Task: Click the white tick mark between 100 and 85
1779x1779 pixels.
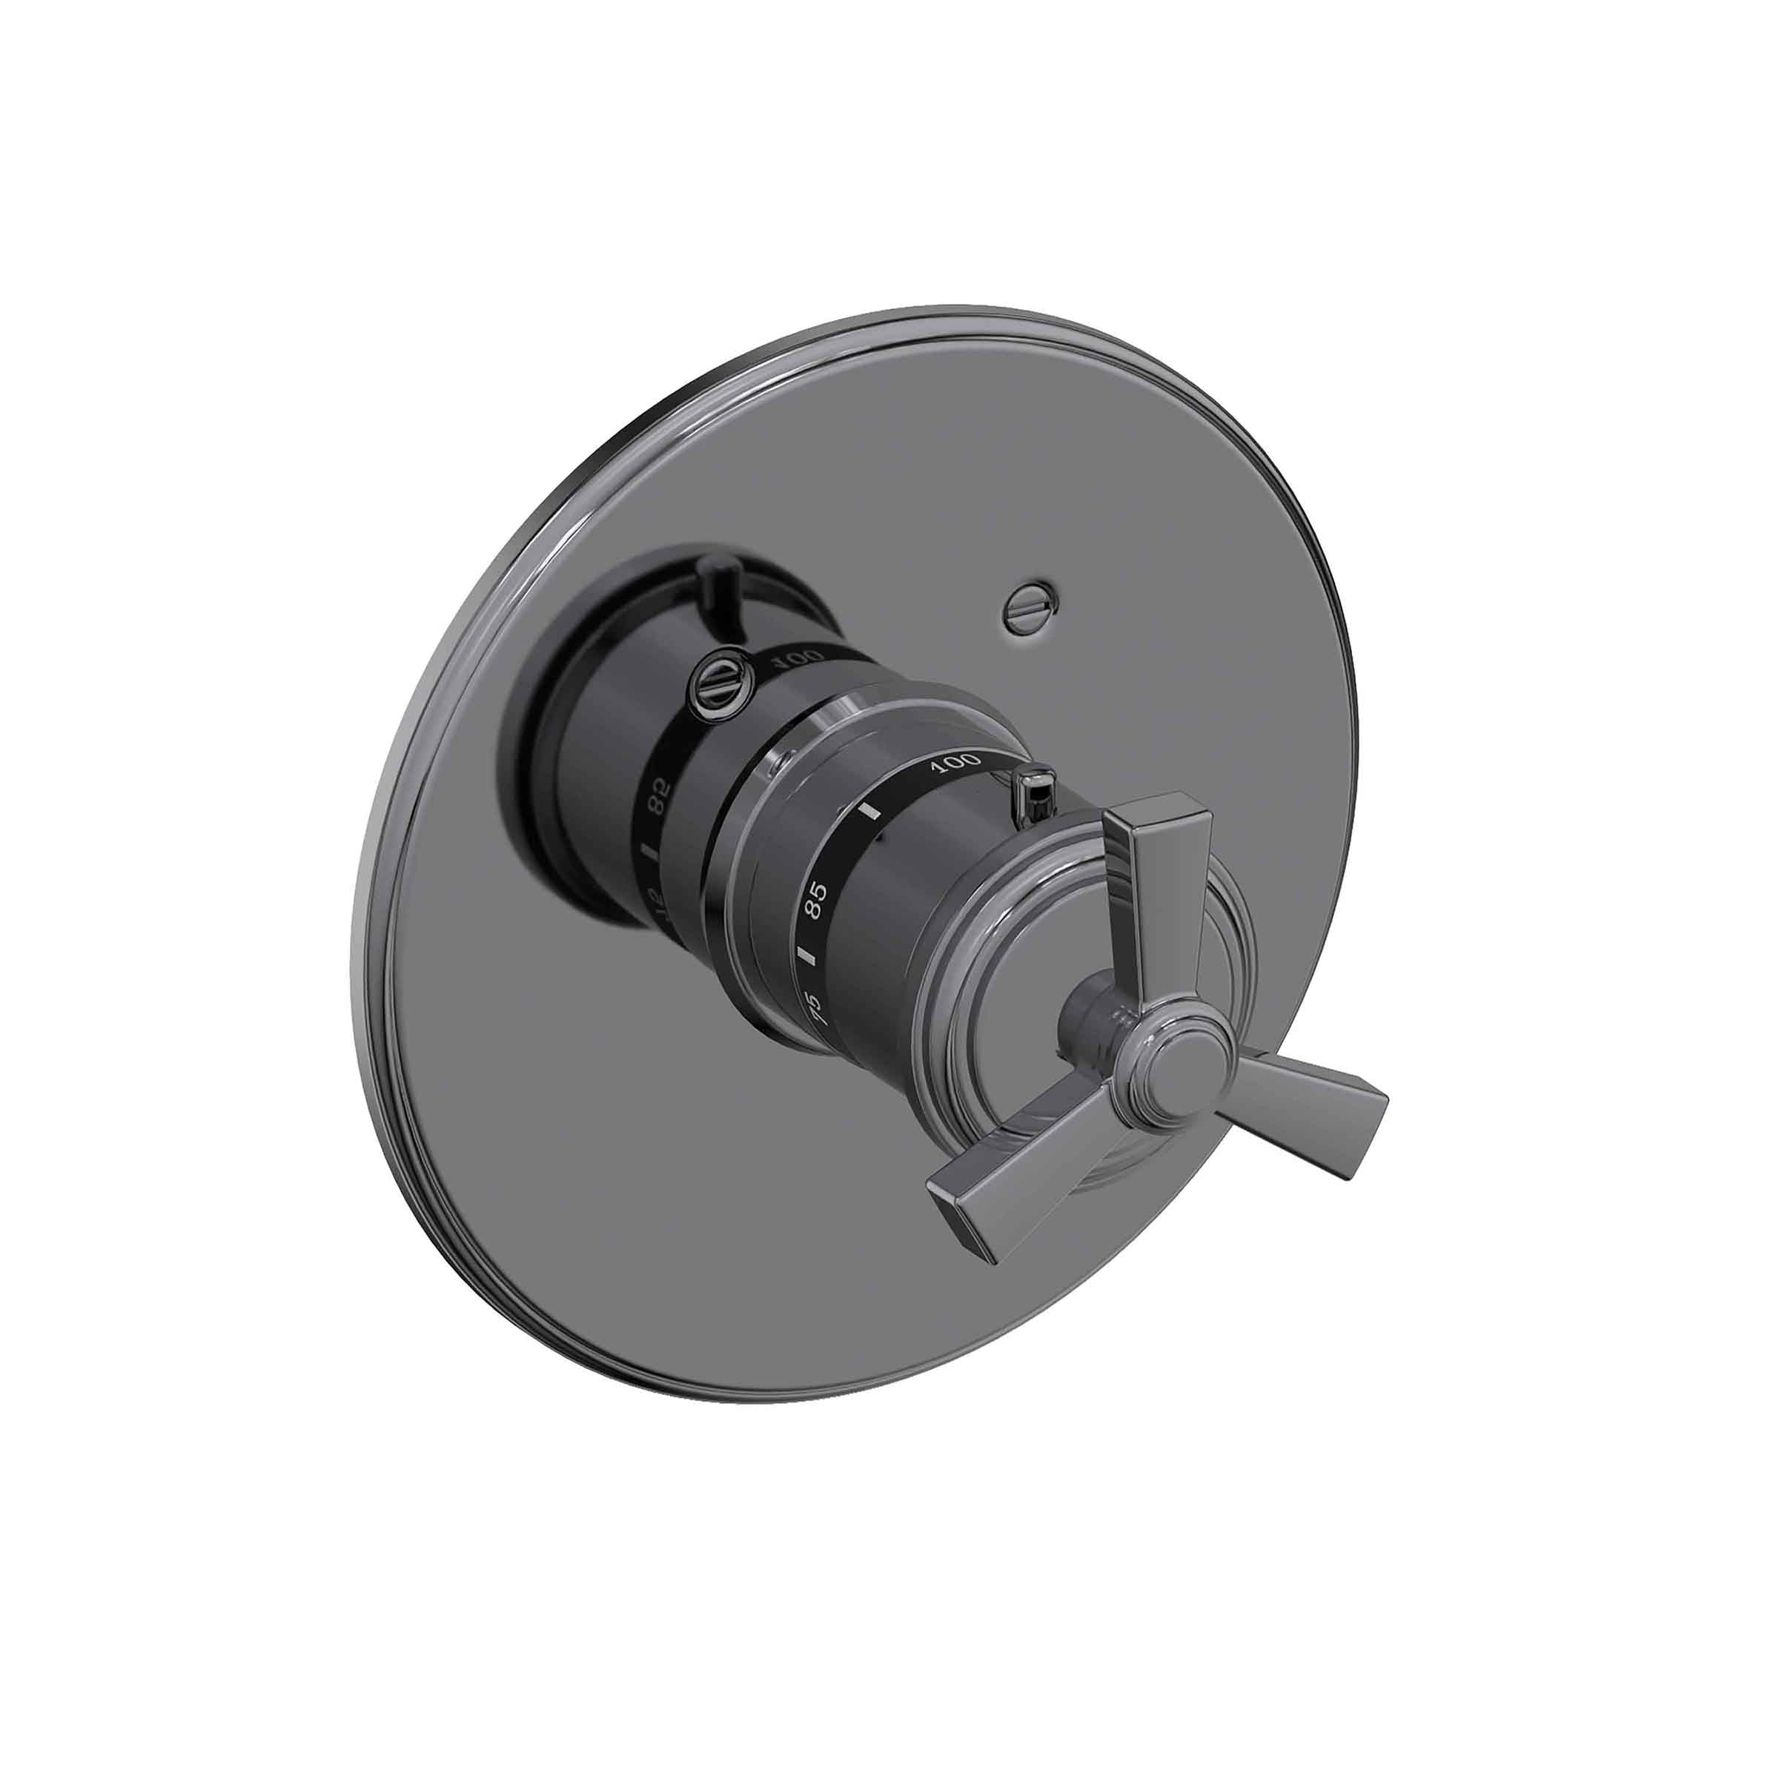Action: tap(869, 812)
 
